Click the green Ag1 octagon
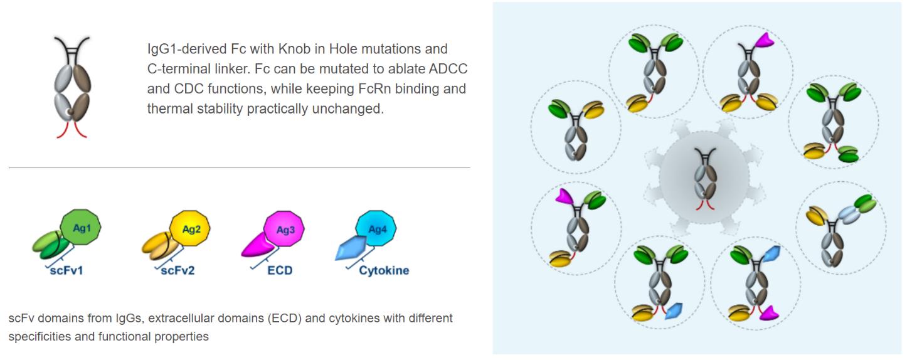80,229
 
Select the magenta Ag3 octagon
285,230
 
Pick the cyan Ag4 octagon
376,230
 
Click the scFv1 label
66,271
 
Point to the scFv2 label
178,271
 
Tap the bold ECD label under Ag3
280,271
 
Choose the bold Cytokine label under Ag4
384,271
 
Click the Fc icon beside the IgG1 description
72,87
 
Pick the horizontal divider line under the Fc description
239,167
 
